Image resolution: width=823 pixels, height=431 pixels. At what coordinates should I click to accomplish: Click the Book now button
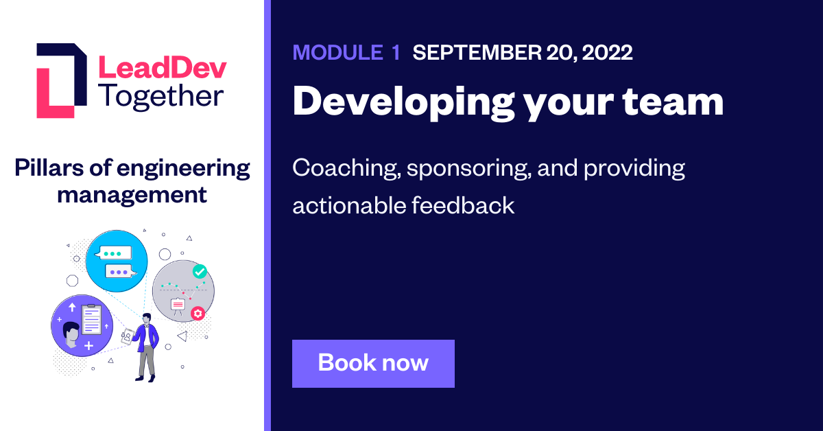[373, 363]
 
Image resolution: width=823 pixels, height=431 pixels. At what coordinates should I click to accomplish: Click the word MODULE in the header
[337, 53]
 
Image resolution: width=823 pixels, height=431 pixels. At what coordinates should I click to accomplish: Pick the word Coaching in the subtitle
[344, 169]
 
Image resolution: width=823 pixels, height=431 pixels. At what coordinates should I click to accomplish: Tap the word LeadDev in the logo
[162, 68]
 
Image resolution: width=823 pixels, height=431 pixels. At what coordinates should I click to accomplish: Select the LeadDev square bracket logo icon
[61, 80]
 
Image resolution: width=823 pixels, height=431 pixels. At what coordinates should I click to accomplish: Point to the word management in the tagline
[132, 195]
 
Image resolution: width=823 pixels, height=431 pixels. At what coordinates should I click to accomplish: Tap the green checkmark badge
[200, 272]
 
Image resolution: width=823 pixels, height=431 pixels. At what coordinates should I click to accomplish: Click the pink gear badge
[198, 314]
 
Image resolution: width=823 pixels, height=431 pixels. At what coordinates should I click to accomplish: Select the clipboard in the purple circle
[91, 319]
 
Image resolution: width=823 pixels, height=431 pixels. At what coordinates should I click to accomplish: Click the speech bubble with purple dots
[119, 272]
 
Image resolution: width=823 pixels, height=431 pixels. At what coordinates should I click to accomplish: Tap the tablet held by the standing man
[127, 338]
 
